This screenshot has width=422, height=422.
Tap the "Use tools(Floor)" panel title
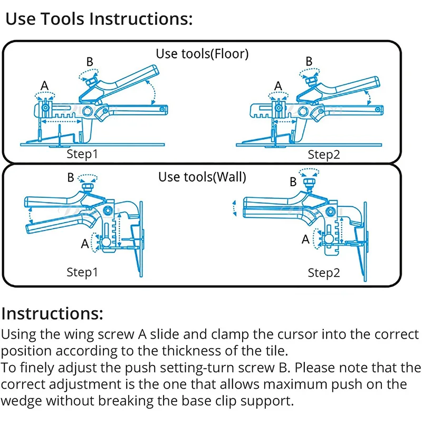(202, 53)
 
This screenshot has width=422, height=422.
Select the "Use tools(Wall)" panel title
(202, 177)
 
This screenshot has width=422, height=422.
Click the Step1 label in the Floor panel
(82, 155)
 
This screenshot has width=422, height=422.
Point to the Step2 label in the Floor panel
(324, 155)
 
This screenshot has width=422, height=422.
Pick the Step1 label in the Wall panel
(82, 273)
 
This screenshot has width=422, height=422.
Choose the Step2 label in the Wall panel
(324, 273)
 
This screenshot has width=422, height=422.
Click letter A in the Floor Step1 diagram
(45, 85)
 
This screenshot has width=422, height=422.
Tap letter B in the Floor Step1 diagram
(90, 62)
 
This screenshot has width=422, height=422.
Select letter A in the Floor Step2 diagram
(278, 85)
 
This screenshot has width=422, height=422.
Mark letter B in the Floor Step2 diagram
(309, 61)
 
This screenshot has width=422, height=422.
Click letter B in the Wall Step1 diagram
(71, 178)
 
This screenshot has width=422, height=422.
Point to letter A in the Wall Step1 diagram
(84, 244)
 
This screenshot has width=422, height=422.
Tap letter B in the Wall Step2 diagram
(293, 183)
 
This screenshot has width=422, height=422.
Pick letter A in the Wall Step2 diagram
(305, 239)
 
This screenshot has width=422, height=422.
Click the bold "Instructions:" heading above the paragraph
(52, 313)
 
